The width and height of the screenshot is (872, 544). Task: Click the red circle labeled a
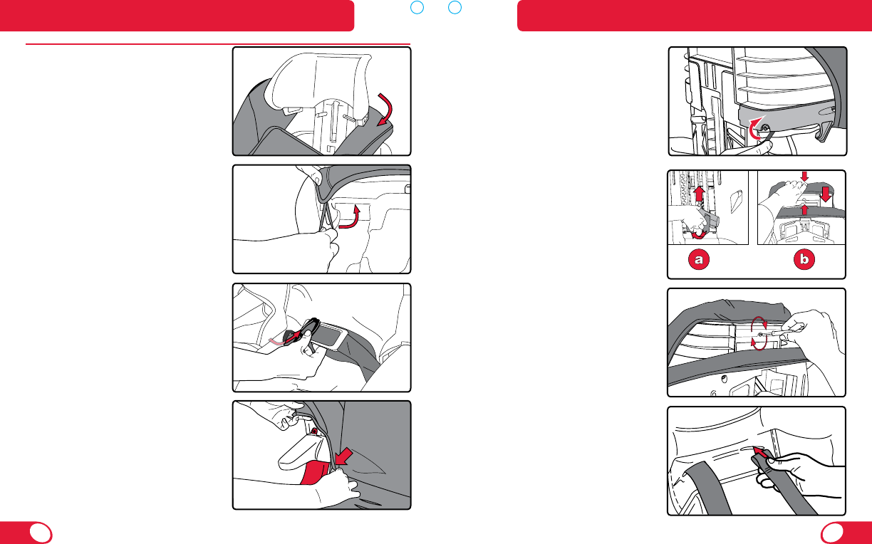pyautogui.click(x=699, y=259)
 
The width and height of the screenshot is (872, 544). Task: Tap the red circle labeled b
pyautogui.click(x=804, y=259)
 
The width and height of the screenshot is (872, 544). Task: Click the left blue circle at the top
pyautogui.click(x=417, y=7)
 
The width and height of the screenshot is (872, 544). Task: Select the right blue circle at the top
pyautogui.click(x=455, y=7)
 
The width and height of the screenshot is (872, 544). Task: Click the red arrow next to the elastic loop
pyautogui.click(x=351, y=219)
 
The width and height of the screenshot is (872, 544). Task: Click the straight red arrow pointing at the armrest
pyautogui.click(x=343, y=456)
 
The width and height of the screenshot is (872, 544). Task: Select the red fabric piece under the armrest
pyautogui.click(x=316, y=471)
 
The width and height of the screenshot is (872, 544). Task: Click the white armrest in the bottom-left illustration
pyautogui.click(x=301, y=451)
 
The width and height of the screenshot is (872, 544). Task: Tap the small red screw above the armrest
pyautogui.click(x=314, y=431)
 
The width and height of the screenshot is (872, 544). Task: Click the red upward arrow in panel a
pyautogui.click(x=700, y=194)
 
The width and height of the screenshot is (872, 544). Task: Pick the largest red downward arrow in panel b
pyautogui.click(x=826, y=194)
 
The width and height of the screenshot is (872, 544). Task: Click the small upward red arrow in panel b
pyautogui.click(x=804, y=210)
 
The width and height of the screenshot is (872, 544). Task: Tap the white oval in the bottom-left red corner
pyautogui.click(x=41, y=533)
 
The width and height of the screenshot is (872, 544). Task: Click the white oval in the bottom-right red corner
pyautogui.click(x=832, y=533)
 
